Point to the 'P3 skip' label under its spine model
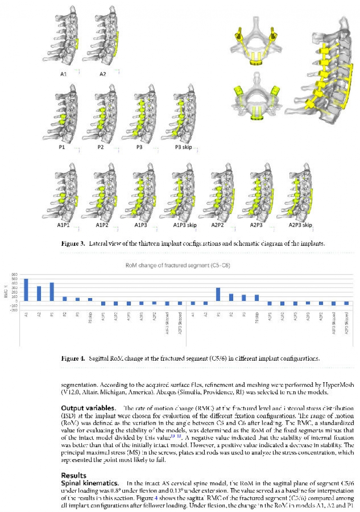184,147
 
